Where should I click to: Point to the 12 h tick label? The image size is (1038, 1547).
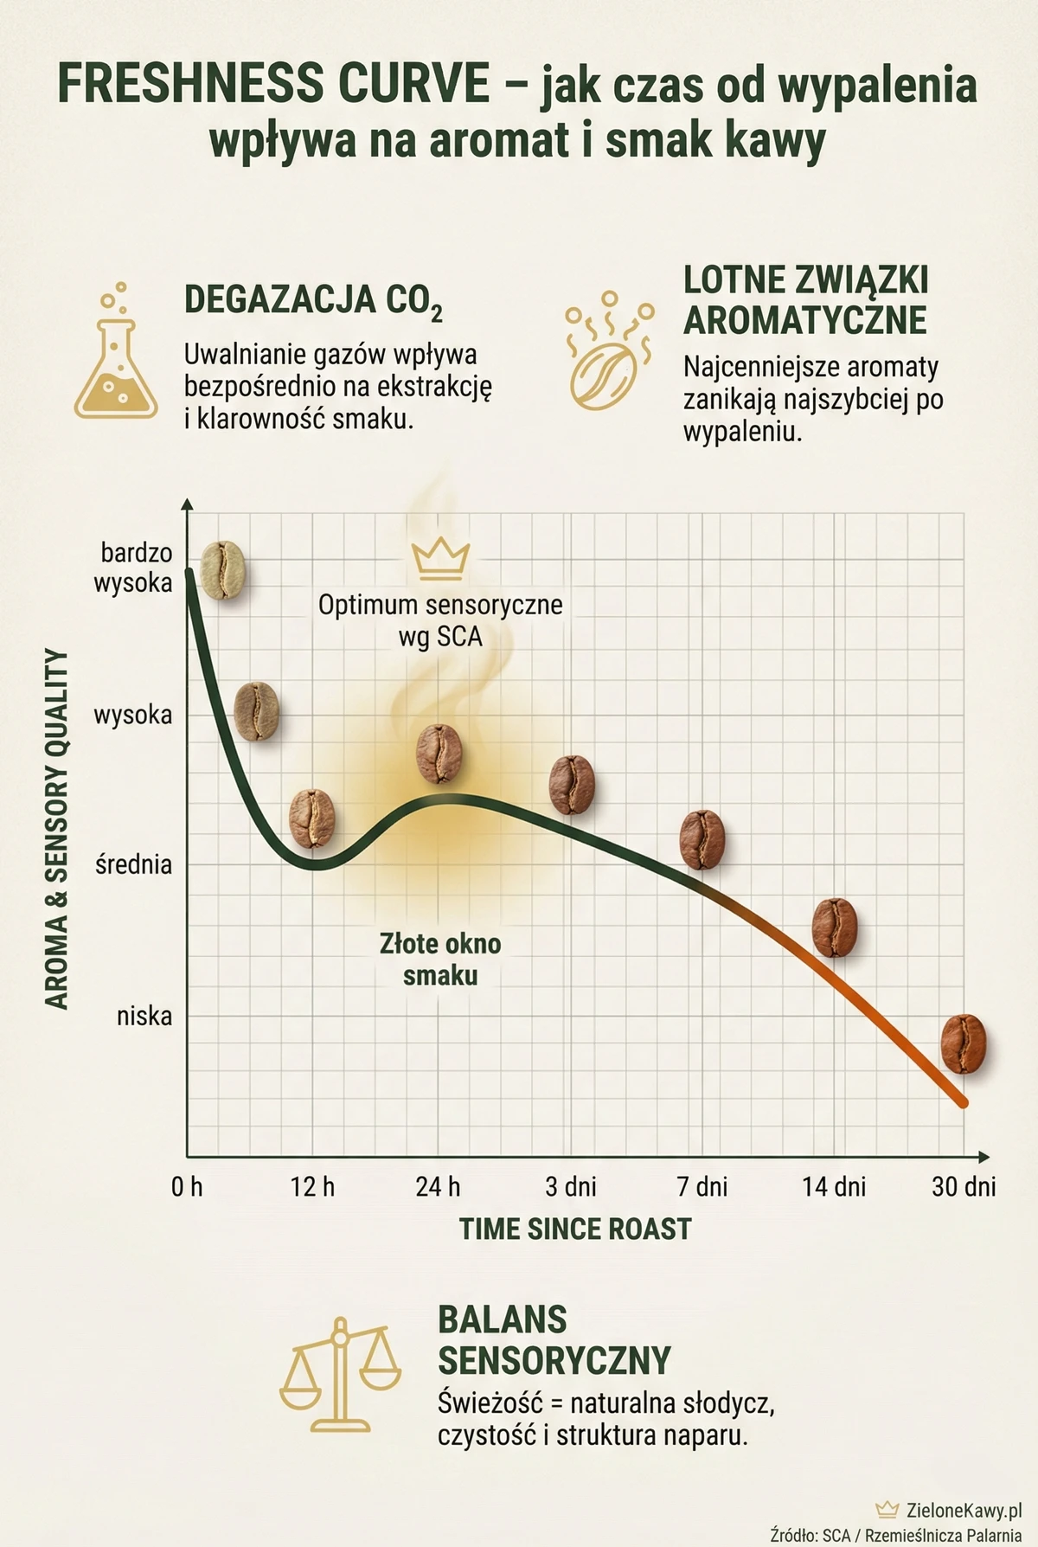(x=312, y=1185)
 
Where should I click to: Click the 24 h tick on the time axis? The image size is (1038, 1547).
(x=439, y=1185)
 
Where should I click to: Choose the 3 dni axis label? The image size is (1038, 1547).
(x=571, y=1185)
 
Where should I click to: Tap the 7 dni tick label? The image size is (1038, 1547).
(x=702, y=1185)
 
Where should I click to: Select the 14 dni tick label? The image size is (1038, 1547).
(x=834, y=1185)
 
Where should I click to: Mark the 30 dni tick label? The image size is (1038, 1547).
(x=964, y=1185)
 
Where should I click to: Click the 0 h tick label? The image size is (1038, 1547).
(x=187, y=1185)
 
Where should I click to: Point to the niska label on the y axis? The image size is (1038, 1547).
(x=144, y=1016)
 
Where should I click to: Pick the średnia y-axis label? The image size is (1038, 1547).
(x=134, y=863)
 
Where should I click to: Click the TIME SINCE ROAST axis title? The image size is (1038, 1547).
(x=575, y=1229)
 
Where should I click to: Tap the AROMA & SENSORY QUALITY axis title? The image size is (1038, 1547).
(x=56, y=829)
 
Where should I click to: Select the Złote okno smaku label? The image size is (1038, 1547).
(x=440, y=959)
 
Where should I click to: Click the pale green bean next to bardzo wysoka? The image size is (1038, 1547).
(x=223, y=570)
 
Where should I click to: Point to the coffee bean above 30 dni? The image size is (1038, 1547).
(x=964, y=1044)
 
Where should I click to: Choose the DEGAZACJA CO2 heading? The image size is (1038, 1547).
(x=313, y=300)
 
